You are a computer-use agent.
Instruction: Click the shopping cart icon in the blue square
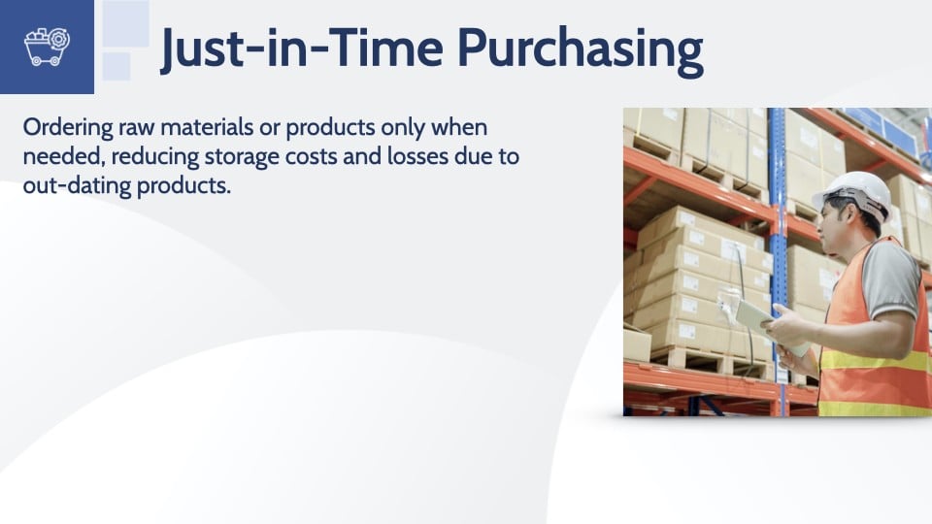point(47,47)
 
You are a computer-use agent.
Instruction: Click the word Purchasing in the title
point(581,49)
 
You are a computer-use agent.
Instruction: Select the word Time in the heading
point(384,47)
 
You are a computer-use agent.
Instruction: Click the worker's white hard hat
point(851,193)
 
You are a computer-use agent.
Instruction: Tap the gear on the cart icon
point(59,40)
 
